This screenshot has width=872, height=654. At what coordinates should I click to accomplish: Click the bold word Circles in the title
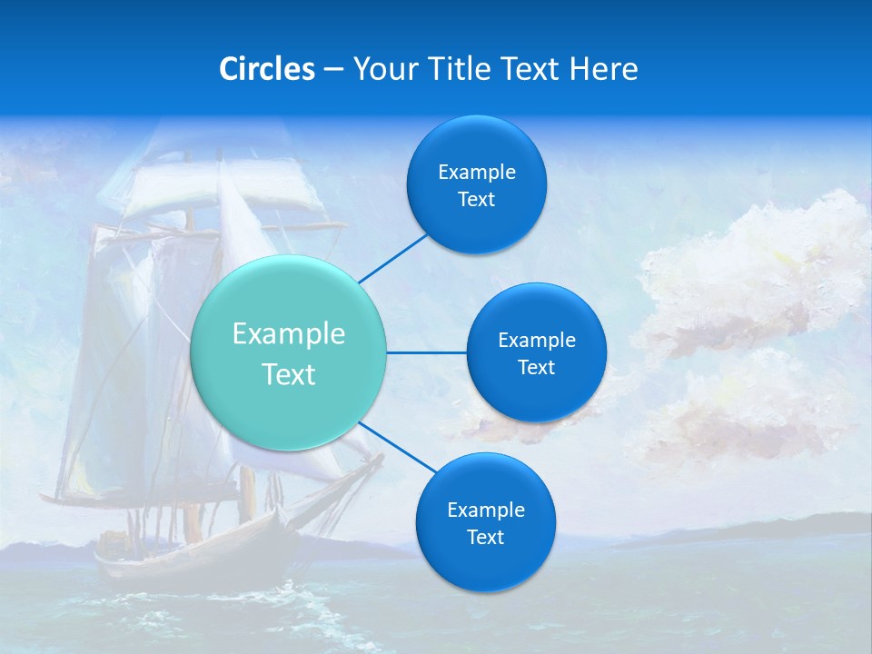(267, 69)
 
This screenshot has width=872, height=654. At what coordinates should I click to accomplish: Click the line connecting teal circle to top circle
(392, 257)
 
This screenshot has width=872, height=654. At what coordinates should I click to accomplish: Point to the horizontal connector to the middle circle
(427, 352)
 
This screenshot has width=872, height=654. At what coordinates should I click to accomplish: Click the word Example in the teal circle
(289, 334)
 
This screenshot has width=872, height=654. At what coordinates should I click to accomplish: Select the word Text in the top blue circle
(476, 200)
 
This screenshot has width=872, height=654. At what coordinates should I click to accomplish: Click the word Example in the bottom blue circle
(485, 510)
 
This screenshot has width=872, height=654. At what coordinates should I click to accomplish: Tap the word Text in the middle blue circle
(536, 368)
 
